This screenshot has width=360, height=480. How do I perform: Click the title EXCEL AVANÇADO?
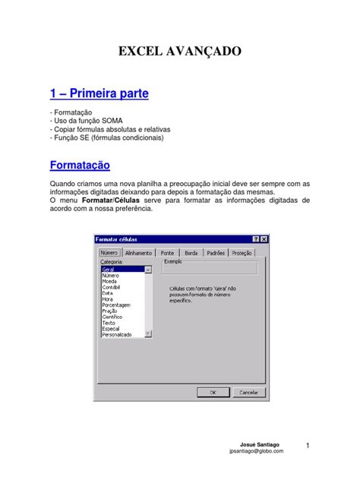click(179, 52)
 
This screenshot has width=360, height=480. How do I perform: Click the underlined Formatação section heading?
click(80, 165)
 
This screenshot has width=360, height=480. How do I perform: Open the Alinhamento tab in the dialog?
click(138, 253)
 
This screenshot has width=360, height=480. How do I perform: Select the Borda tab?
click(191, 253)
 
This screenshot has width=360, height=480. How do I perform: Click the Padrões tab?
click(216, 253)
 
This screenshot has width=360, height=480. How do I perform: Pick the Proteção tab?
click(242, 253)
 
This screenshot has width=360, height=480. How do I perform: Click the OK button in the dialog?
click(213, 393)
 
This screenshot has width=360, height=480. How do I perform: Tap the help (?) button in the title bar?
click(255, 239)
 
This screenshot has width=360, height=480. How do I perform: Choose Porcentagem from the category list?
click(116, 305)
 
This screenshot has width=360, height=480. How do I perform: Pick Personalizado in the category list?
click(117, 334)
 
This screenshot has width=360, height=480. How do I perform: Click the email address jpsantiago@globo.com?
click(256, 451)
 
